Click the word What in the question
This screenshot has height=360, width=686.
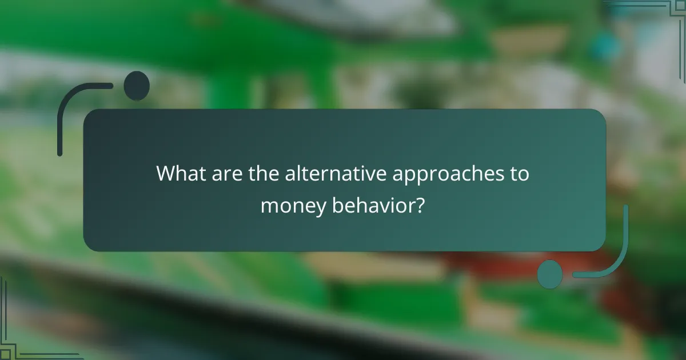pos(180,174)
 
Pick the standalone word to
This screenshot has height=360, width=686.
pos(520,174)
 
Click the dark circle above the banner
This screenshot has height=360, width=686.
pos(137,86)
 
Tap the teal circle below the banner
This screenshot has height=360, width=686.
pos(550,274)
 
